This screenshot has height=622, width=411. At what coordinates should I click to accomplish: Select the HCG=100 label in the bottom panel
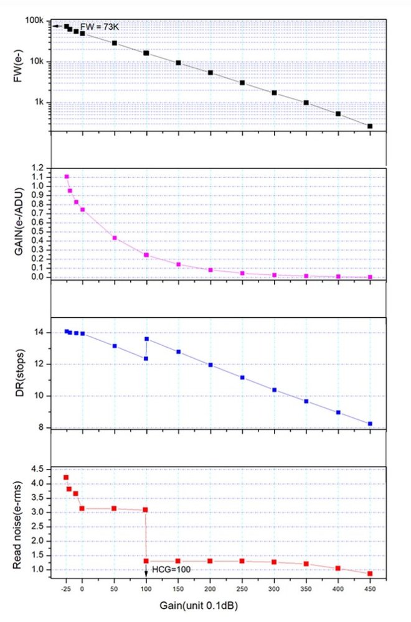pos(173,569)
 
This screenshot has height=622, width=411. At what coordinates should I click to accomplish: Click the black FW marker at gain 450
pos(370,126)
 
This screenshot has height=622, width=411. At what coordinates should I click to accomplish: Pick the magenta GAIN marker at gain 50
pos(115,238)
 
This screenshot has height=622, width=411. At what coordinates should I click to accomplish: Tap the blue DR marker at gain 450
pos(370,424)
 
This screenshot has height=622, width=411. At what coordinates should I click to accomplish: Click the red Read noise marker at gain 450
pos(370,573)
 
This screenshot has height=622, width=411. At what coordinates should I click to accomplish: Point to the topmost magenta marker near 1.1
pos(67,177)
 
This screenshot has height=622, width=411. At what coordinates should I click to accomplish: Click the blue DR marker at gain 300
pos(274,390)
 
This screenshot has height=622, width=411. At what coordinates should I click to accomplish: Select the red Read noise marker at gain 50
pos(114,508)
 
